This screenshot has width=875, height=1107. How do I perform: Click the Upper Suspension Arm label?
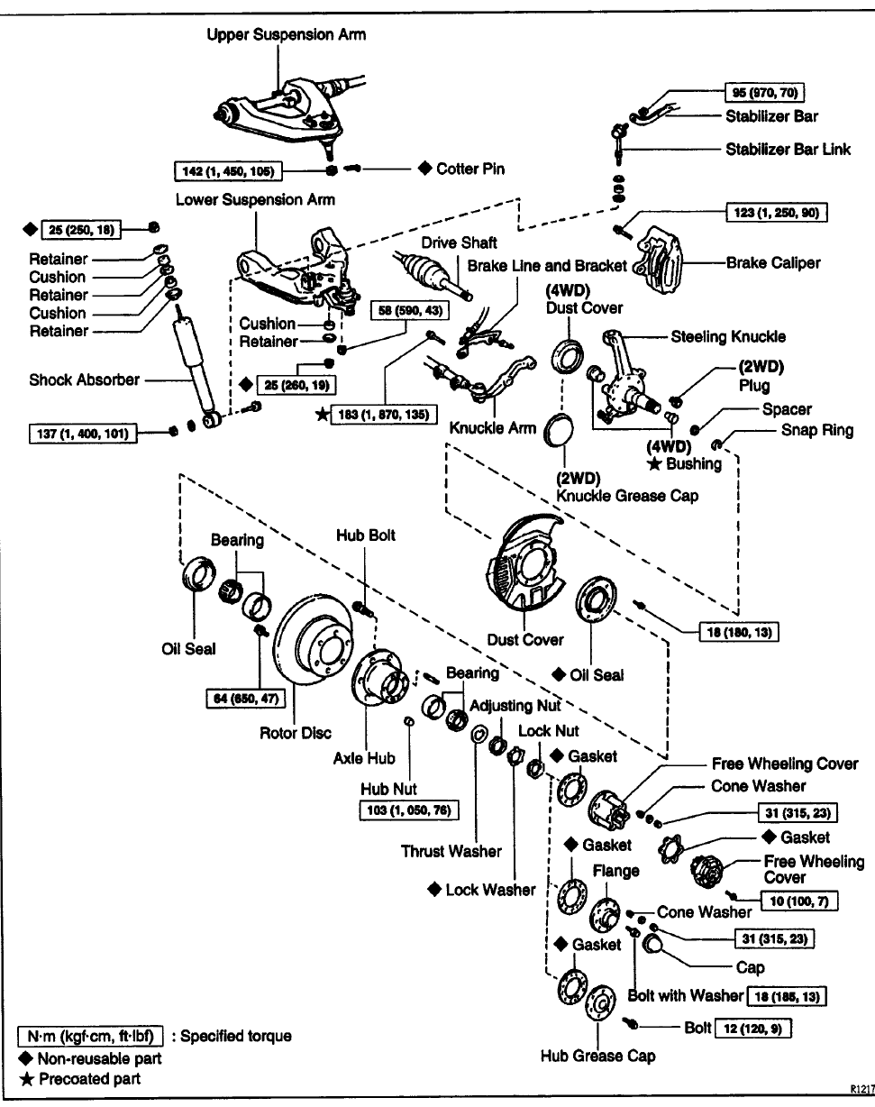pos(286,35)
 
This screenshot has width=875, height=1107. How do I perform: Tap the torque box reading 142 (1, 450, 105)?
pos(228,170)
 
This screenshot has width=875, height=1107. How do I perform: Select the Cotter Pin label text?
pos(470,169)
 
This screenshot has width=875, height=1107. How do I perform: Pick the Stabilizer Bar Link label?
pos(788,149)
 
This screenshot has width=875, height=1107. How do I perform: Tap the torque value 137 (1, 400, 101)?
pos(83,434)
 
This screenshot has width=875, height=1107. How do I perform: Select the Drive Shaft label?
pos(459,242)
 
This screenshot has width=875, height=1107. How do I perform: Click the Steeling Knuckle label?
pos(728,336)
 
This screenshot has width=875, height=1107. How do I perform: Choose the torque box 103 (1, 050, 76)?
pos(409,810)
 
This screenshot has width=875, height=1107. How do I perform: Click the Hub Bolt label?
pos(366,535)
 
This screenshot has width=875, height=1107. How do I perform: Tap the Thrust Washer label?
pos(451,851)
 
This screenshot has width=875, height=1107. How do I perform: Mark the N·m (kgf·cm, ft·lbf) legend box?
pos(90,1036)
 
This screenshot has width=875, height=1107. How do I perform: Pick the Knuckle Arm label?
pos(492,428)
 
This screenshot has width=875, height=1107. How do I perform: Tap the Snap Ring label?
pos(816,430)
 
